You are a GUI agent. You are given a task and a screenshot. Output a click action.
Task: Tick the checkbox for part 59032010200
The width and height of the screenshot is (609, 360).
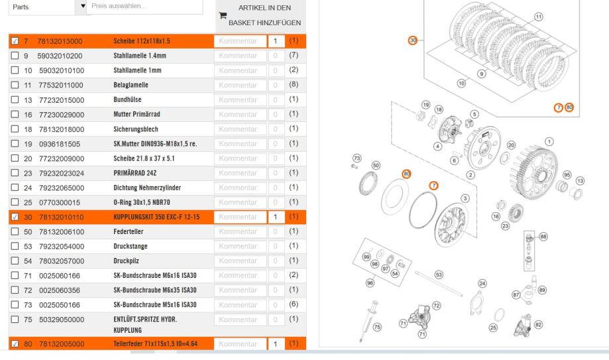pyautogui.click(x=15, y=56)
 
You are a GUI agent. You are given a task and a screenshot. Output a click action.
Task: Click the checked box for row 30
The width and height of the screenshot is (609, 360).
pyautogui.click(x=15, y=216)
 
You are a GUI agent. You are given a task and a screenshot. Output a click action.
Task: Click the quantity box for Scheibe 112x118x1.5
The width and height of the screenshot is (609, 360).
pyautogui.click(x=274, y=41)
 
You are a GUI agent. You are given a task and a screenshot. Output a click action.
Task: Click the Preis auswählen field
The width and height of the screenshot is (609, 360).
pyautogui.click(x=146, y=7)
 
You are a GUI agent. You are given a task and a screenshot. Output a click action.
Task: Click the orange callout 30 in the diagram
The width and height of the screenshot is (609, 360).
pyautogui.click(x=413, y=40)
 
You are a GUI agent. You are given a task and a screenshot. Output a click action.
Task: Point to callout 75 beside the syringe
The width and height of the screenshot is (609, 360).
pyautogui.click(x=378, y=326)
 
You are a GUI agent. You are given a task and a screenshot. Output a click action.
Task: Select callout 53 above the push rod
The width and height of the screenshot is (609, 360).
pyautogui.click(x=438, y=273)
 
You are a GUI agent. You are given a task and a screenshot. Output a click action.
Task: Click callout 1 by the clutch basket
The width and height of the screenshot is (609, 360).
pyautogui.click(x=548, y=141)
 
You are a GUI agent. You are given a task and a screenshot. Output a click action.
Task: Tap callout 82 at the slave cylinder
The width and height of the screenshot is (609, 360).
pyautogui.click(x=538, y=324)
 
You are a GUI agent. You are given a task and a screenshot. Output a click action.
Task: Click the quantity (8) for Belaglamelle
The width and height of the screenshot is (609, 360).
pyautogui.click(x=294, y=85)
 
